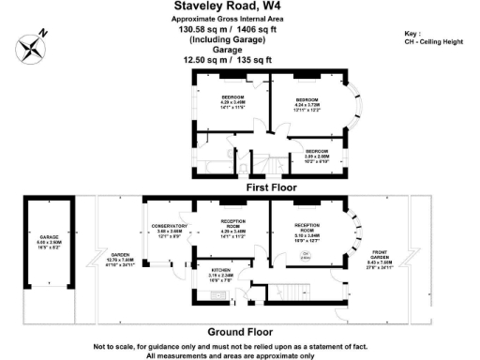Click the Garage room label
pos(50,242)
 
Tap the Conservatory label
pos(169,229)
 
